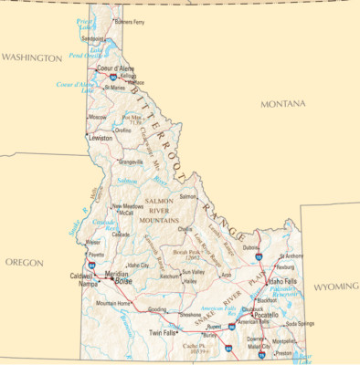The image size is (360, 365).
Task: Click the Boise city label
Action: [124, 281]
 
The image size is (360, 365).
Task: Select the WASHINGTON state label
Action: [30, 57]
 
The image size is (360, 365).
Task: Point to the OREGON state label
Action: [25, 262]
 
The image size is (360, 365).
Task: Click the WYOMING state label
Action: [337, 287]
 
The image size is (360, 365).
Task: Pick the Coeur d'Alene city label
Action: [116, 68]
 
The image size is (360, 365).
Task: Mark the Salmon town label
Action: [188, 196]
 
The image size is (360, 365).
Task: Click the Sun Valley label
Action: [193, 272]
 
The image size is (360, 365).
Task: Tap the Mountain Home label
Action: [114, 303]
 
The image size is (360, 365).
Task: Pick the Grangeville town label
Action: [132, 162]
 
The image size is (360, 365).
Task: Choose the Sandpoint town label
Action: [92, 39]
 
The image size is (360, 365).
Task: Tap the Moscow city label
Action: [97, 117]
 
